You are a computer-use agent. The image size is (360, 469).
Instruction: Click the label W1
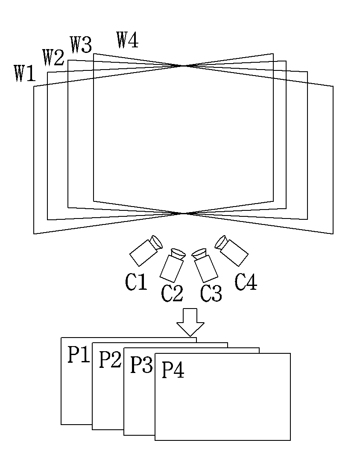click(x=25, y=73)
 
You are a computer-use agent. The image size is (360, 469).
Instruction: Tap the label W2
click(x=53, y=58)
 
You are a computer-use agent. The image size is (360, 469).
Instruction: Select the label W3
click(x=81, y=45)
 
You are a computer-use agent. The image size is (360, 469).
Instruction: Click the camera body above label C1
click(x=143, y=253)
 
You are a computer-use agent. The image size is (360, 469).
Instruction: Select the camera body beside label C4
click(x=234, y=253)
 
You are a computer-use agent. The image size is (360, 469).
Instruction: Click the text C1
click(x=136, y=282)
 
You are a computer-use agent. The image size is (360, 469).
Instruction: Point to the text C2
click(x=172, y=294)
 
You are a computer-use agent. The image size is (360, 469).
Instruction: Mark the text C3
click(x=211, y=294)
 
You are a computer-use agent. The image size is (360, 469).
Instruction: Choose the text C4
click(x=246, y=282)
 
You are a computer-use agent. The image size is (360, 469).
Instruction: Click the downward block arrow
click(x=190, y=322)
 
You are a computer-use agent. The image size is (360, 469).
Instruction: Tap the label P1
click(x=79, y=355)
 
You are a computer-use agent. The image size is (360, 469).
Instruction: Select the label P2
click(x=110, y=359)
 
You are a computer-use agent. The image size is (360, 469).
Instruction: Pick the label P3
click(x=141, y=364)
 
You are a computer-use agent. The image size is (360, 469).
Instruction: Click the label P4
click(x=173, y=370)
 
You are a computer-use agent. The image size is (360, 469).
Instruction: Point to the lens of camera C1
click(x=156, y=242)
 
